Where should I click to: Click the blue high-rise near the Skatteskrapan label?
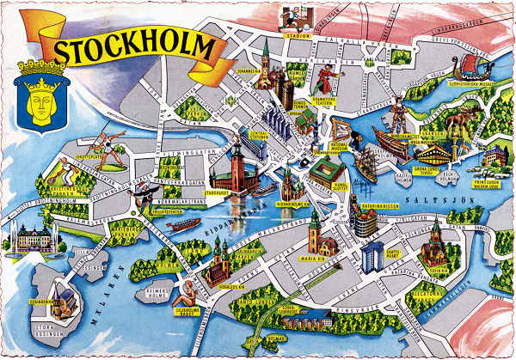click(372, 255)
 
